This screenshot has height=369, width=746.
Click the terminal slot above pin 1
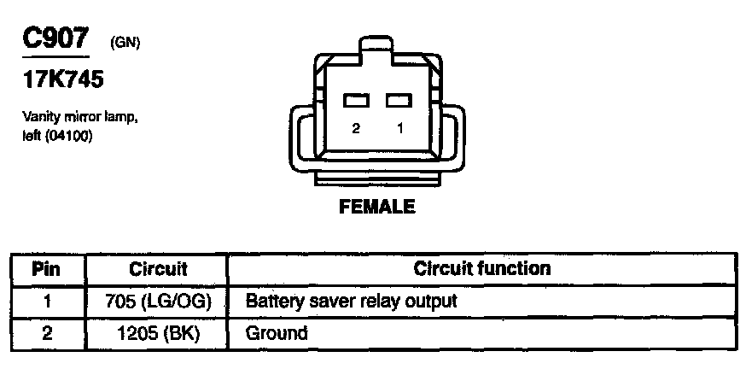pyautogui.click(x=397, y=101)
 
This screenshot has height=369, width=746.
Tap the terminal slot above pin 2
pyautogui.click(x=356, y=101)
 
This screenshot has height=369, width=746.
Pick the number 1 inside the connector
pyautogui.click(x=397, y=127)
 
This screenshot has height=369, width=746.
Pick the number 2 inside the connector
pyautogui.click(x=356, y=127)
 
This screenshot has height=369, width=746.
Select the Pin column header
pyautogui.click(x=46, y=269)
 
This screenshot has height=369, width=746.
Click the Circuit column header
pyautogui.click(x=157, y=269)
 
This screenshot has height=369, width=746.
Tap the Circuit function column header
pyautogui.click(x=481, y=269)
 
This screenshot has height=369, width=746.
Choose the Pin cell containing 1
pyautogui.click(x=46, y=301)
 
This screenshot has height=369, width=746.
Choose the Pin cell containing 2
pyautogui.click(x=46, y=332)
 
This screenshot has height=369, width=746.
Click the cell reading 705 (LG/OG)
pyautogui.click(x=157, y=301)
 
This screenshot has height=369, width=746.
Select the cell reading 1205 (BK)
pyautogui.click(x=157, y=332)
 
